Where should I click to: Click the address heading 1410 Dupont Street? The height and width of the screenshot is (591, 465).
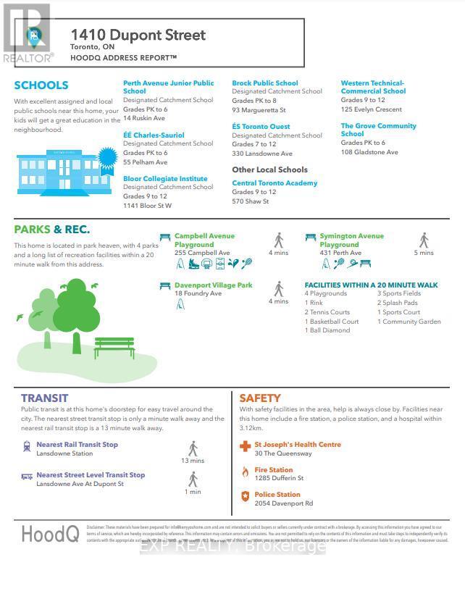138,35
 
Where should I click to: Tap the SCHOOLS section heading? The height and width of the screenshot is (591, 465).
41,85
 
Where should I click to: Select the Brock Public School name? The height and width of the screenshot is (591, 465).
264,83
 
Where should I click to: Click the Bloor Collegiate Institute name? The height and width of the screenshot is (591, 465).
165,179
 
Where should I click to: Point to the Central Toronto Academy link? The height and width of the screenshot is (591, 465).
275,183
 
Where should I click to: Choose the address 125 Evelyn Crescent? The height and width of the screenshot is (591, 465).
372,109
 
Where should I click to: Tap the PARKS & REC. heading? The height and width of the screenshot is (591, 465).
52,230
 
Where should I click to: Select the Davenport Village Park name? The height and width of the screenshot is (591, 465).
213,285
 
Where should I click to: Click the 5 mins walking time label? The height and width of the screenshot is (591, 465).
424,253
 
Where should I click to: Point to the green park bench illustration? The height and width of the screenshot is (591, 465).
113,347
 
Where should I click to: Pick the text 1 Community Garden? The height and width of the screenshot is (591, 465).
409,322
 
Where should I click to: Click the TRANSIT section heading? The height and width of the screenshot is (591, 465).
44,398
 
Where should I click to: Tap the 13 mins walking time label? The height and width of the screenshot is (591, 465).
193,461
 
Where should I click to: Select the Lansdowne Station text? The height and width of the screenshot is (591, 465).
64,453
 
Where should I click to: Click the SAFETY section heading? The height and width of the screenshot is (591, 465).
260,398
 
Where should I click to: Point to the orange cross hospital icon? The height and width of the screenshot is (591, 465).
246,447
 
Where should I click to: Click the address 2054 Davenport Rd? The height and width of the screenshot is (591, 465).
284,503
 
